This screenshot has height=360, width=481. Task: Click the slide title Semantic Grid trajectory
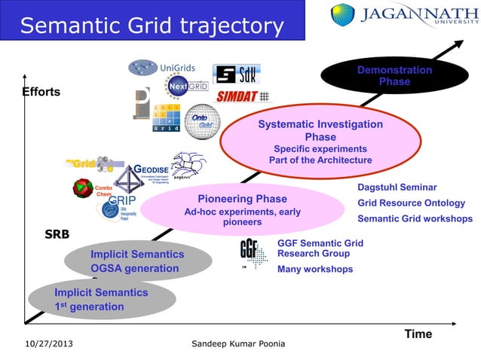(151, 26)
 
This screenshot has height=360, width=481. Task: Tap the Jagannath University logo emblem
(343, 15)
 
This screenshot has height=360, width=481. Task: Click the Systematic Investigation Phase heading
(320, 130)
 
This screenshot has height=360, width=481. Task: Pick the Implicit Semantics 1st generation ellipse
(102, 299)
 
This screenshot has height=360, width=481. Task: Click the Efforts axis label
(41, 92)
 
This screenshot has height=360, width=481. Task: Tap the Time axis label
(418, 334)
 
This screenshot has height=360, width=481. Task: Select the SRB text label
(57, 234)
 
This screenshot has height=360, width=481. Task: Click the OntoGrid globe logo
(202, 121)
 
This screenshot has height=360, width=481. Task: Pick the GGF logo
(253, 254)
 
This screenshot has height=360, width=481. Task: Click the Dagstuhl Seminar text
(397, 187)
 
